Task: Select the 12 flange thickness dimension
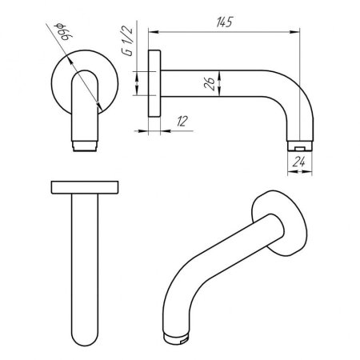click(183, 121)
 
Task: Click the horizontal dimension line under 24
click(297, 170)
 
